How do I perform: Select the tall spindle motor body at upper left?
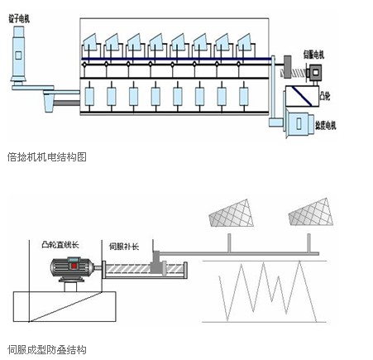click(19, 51)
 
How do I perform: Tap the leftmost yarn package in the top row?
click(92, 41)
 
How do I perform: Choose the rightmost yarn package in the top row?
click(247, 41)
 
